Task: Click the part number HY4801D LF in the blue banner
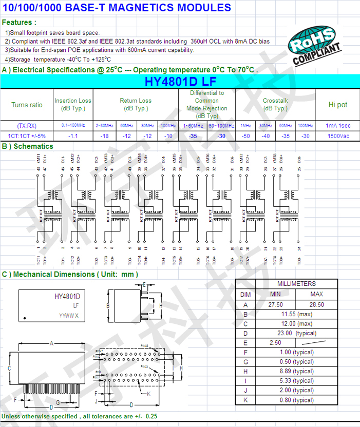(180, 82)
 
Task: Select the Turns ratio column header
(27, 105)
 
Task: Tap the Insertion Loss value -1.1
(73, 136)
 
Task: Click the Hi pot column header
(337, 105)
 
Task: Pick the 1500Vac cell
(337, 136)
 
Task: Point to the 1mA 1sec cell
(337, 125)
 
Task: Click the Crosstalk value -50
(246, 136)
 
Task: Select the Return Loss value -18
(105, 136)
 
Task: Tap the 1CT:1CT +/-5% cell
(27, 136)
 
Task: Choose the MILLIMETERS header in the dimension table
(296, 284)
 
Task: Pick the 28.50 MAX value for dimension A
(317, 304)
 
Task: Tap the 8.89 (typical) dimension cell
(297, 371)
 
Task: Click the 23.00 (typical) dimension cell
(297, 333)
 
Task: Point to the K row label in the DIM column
(245, 400)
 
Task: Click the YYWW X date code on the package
(68, 315)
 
